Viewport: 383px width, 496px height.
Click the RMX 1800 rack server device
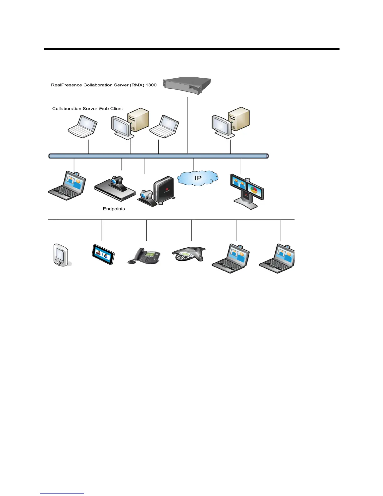point(188,85)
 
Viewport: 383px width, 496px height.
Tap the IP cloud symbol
point(197,178)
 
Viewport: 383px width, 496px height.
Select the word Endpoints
point(114,209)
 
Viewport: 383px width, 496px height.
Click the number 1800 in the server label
point(151,85)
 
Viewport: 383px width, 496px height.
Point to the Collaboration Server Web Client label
point(88,109)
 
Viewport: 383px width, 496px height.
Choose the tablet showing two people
point(103,255)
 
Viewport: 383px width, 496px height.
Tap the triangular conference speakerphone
point(189,254)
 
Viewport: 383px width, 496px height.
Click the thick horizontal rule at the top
point(191,49)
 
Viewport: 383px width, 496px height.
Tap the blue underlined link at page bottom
point(62,493)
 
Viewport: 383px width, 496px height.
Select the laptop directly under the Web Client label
point(83,126)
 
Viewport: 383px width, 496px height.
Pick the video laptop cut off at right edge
point(278,258)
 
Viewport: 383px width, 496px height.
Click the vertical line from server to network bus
point(188,125)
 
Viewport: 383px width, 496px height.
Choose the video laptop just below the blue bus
point(68,186)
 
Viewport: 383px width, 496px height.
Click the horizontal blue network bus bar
point(158,156)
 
